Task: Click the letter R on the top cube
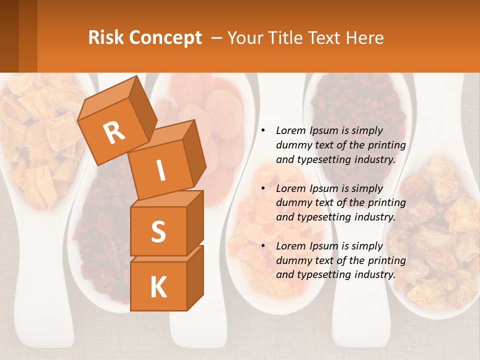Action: tap(114, 132)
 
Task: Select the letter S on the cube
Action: tap(158, 231)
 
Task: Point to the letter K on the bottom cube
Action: tap(158, 287)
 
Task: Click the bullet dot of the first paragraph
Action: tap(263, 130)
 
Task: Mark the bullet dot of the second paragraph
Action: tap(263, 188)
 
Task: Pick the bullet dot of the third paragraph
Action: tap(263, 246)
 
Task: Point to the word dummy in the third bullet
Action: tap(291, 260)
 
